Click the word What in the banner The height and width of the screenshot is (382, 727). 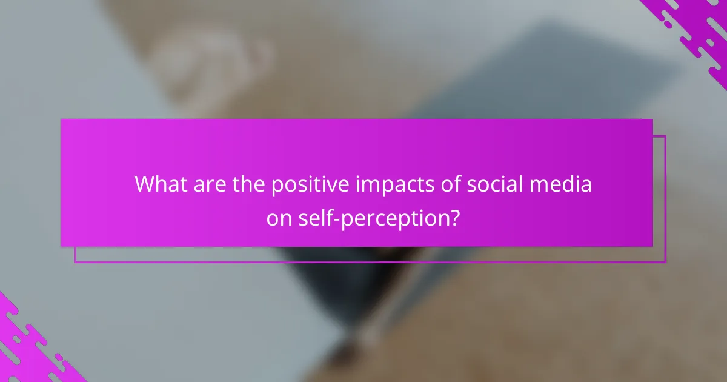pos(159,184)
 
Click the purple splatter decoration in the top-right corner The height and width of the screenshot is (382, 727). pos(694,27)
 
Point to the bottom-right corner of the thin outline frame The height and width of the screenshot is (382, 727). pos(665,262)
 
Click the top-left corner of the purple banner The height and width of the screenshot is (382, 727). pos(61,119)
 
